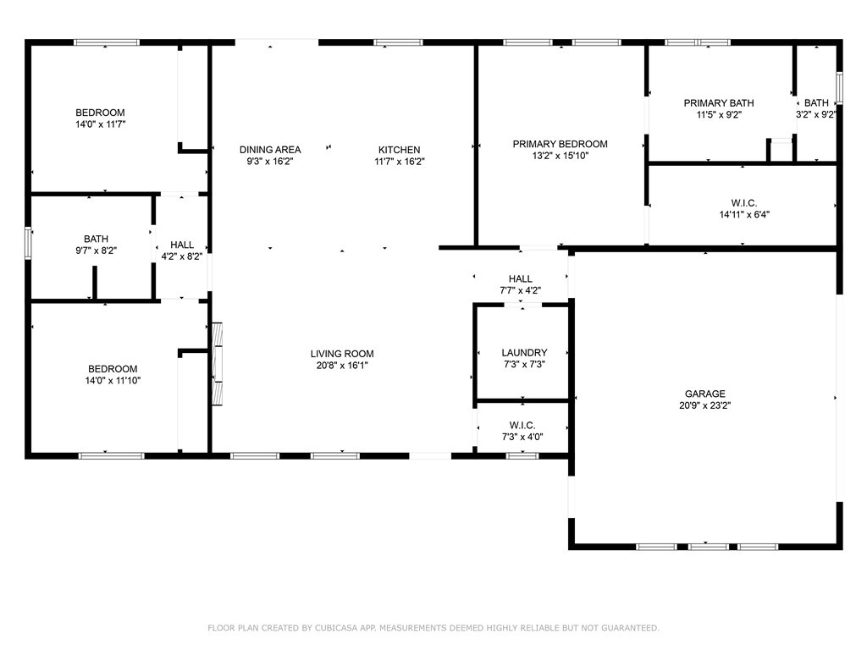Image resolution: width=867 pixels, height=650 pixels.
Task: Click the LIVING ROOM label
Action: pyautogui.click(x=342, y=354)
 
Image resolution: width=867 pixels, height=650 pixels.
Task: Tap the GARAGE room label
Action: pyautogui.click(x=705, y=394)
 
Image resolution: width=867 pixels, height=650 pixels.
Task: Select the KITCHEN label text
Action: pyautogui.click(x=400, y=150)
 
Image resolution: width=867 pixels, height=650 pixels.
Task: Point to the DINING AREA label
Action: pyautogui.click(x=270, y=150)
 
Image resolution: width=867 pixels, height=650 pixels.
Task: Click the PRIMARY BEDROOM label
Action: pyautogui.click(x=561, y=144)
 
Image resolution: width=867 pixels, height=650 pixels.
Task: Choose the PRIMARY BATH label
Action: pyautogui.click(x=719, y=102)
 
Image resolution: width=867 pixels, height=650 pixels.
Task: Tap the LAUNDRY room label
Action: pyautogui.click(x=524, y=353)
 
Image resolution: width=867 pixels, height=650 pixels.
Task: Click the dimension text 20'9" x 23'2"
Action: pyautogui.click(x=705, y=405)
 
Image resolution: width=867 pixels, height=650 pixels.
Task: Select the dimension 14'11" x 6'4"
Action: pyautogui.click(x=744, y=214)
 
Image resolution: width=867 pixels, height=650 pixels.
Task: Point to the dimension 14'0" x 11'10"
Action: pyautogui.click(x=113, y=380)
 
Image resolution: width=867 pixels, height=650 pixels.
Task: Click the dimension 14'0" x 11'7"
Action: pyautogui.click(x=100, y=124)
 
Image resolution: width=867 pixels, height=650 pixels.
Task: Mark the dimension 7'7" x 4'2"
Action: pyautogui.click(x=521, y=290)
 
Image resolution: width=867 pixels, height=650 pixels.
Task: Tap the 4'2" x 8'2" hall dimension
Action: pyautogui.click(x=182, y=256)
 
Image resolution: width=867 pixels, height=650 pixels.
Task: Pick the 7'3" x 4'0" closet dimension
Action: pyautogui.click(x=522, y=437)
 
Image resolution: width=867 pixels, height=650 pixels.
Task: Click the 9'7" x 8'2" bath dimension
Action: pyautogui.click(x=97, y=251)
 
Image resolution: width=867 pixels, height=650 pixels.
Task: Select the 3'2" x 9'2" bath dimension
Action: pyautogui.click(x=816, y=114)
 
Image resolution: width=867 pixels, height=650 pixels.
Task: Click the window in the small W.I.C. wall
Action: pyautogui.click(x=522, y=456)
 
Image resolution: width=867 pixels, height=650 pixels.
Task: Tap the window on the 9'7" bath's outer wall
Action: pyautogui.click(x=28, y=243)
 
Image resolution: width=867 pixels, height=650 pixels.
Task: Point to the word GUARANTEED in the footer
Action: pyautogui.click(x=631, y=628)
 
